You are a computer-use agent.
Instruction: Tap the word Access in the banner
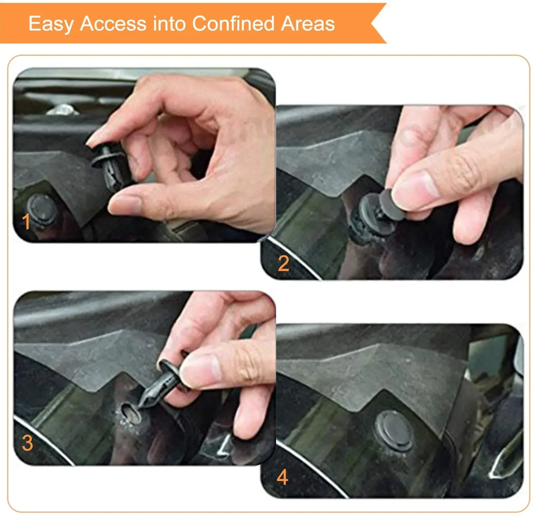click(x=113, y=24)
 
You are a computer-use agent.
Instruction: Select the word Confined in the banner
click(x=233, y=24)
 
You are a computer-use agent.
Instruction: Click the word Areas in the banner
click(x=308, y=24)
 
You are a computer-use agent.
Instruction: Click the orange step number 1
click(x=26, y=222)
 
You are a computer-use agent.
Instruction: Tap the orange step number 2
click(x=283, y=264)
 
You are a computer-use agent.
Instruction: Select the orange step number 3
click(x=27, y=443)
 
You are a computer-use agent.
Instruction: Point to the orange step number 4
click(x=282, y=477)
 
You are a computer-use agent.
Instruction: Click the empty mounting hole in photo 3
click(x=130, y=411)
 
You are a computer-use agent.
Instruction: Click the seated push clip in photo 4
click(x=393, y=430)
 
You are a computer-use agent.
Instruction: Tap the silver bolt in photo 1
click(x=63, y=109)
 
